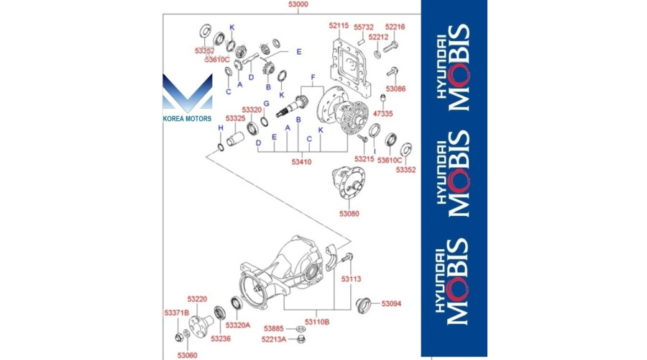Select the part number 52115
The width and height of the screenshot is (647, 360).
(339, 26)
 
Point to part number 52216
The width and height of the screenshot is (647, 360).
(395, 26)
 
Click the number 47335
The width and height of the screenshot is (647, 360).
(384, 114)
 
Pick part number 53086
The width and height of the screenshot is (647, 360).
(395, 89)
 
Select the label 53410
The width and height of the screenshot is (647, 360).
(301, 162)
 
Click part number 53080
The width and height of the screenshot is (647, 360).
(349, 214)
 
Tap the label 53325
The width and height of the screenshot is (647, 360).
(234, 118)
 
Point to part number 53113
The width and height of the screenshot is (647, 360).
(351, 278)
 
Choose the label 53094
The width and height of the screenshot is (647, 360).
(391, 304)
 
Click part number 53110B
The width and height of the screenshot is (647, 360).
(316, 322)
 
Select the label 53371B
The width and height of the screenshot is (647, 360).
(176, 312)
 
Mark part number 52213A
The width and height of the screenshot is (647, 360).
(273, 338)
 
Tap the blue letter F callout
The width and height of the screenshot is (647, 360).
(313, 76)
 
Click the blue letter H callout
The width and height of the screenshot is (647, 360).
(221, 127)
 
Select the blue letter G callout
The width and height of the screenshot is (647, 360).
(265, 104)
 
